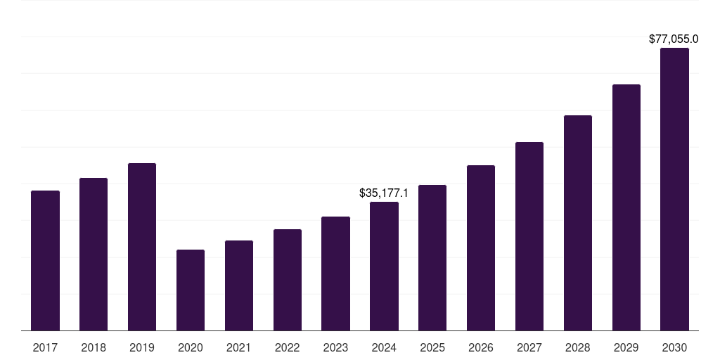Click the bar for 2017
[x=45, y=260]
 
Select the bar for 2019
[x=142, y=247]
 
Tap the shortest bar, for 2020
[x=191, y=290]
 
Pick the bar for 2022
[x=288, y=280]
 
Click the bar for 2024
[x=384, y=266]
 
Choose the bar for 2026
[x=481, y=247]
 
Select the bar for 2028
[x=578, y=223]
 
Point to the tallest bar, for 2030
[x=674, y=189]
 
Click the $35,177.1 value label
[x=384, y=193]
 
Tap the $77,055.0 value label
[x=674, y=39]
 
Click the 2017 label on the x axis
[x=45, y=347]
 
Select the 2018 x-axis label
[x=94, y=347]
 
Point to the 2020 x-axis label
[x=191, y=347]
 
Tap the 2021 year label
[x=239, y=347]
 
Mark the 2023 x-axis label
[x=335, y=347]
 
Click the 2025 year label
[x=432, y=347]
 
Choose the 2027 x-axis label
[x=529, y=347]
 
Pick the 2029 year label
[x=626, y=347]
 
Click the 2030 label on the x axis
[x=674, y=347]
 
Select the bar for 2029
[x=626, y=207]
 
